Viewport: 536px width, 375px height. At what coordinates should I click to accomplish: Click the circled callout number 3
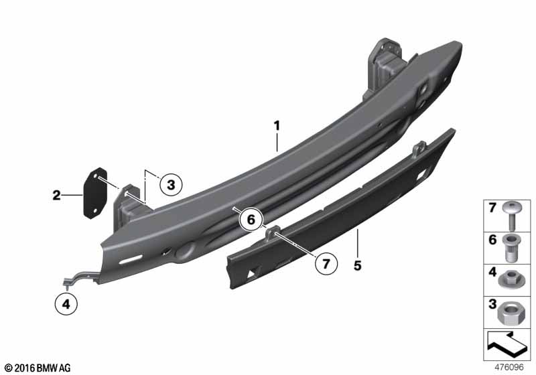click(x=171, y=185)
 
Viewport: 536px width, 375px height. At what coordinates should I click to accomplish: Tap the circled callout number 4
click(x=66, y=303)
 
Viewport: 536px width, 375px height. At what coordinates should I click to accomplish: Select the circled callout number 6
click(x=251, y=219)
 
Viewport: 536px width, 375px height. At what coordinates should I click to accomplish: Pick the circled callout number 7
click(x=326, y=264)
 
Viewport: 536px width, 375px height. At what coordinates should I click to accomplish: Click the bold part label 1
click(x=277, y=126)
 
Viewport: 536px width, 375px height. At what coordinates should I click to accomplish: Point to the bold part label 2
click(x=56, y=196)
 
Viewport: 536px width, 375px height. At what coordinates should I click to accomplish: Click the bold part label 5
click(x=358, y=265)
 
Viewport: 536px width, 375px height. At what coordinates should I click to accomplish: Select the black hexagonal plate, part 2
click(x=95, y=193)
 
